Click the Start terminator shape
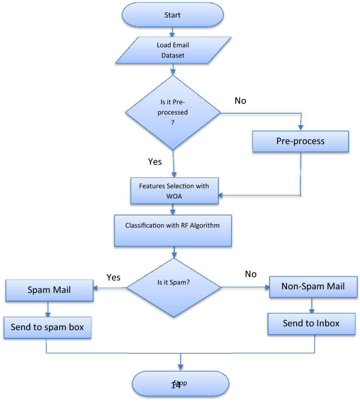[172, 15]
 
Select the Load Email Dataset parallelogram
[173, 50]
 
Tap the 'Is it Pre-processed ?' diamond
[173, 112]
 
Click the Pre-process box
[300, 141]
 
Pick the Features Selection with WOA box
[174, 190]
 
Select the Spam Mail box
[49, 290]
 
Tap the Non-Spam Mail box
[313, 287]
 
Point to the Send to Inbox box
[311, 323]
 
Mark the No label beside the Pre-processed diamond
[240, 101]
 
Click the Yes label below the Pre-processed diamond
[155, 161]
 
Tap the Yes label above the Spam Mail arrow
[113, 277]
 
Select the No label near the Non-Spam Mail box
[250, 274]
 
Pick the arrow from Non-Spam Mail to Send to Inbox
[312, 306]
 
